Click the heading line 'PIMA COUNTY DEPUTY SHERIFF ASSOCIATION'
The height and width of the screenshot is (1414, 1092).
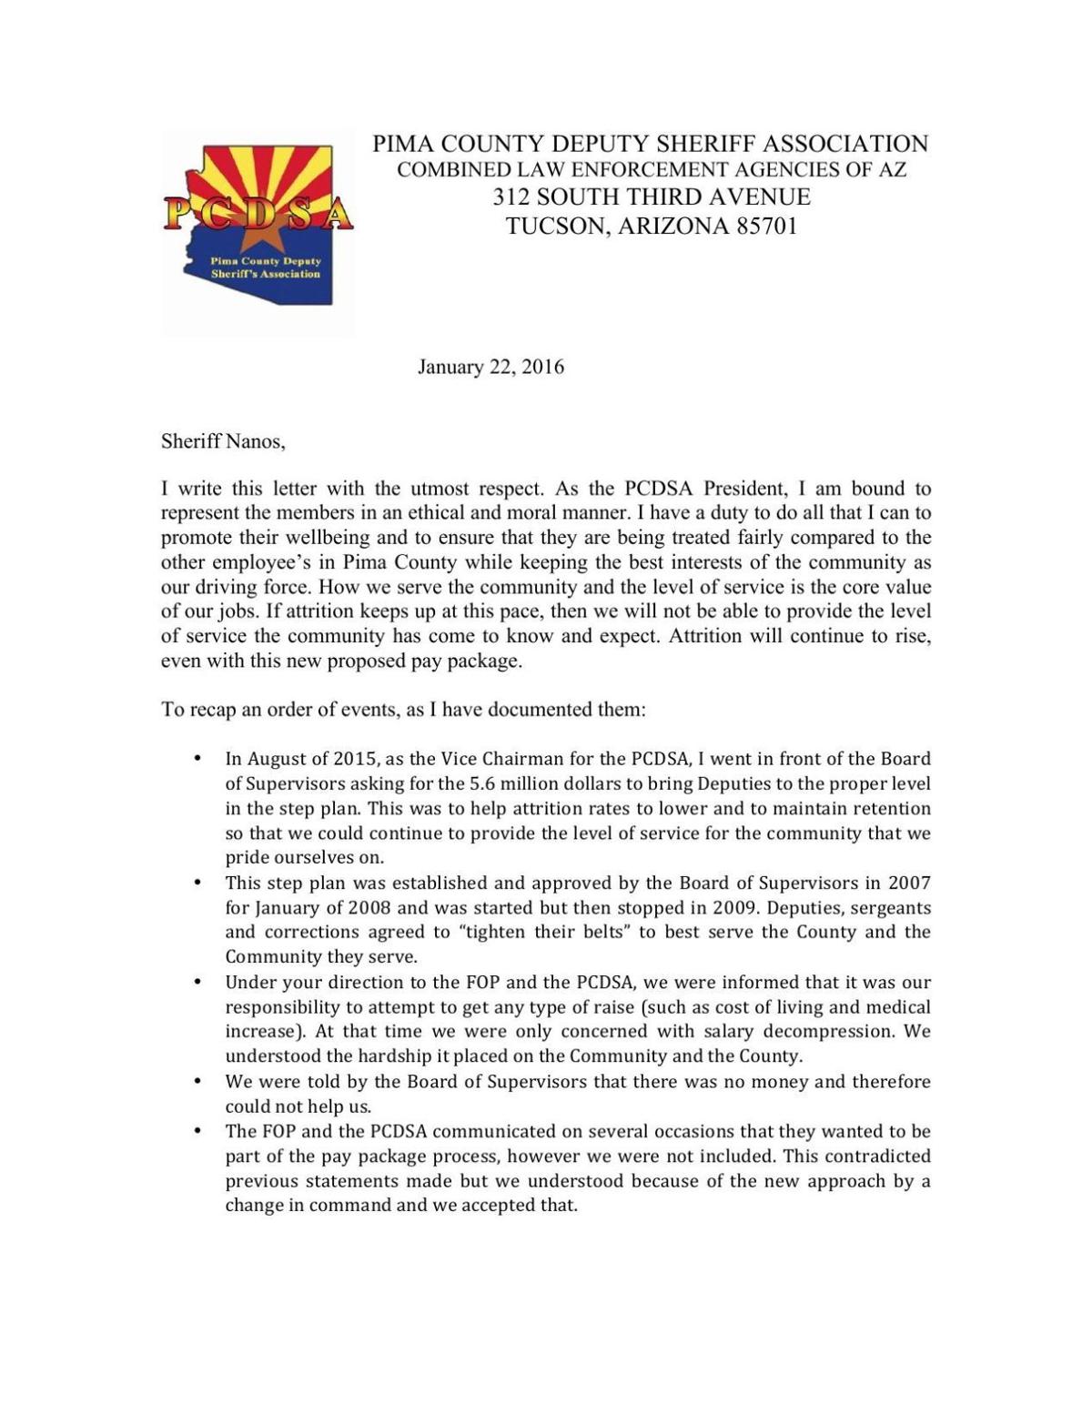click(x=650, y=144)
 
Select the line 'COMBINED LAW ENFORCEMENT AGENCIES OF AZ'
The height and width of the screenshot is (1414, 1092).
click(x=651, y=169)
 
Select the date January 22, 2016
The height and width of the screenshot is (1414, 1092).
click(x=490, y=367)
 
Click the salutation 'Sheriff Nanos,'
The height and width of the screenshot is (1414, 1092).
click(x=223, y=441)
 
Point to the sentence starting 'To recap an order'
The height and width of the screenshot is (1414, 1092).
click(x=403, y=709)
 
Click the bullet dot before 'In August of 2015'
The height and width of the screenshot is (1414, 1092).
click(x=197, y=758)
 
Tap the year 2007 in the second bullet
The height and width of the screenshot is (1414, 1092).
click(x=909, y=883)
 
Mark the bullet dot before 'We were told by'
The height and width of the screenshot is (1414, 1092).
click(x=197, y=1081)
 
